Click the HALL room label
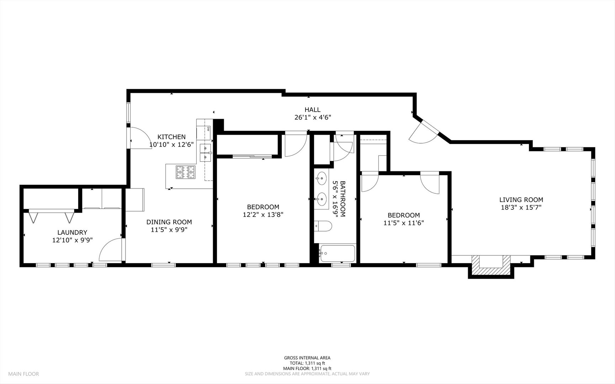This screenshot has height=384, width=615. coord(312,110)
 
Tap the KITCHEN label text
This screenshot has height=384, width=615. coord(171,137)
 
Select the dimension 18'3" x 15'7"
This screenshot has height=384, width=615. coord(521,208)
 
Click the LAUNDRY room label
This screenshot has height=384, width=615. coord(72,232)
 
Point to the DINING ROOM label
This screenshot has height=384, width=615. coord(169,222)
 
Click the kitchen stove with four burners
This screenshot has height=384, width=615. coord(185,172)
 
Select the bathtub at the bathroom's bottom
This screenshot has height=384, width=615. coord(337,253)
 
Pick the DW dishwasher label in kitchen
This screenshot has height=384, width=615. coord(208,129)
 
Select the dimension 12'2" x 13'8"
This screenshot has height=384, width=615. coord(263,215)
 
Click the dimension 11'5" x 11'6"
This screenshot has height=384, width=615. coord(403,223)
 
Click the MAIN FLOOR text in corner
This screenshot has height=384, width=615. coord(23,374)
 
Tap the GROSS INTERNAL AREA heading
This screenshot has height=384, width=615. coord(307,358)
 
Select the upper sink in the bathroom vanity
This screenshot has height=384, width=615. coord(322,178)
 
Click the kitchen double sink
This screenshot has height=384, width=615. coord(206,152)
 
